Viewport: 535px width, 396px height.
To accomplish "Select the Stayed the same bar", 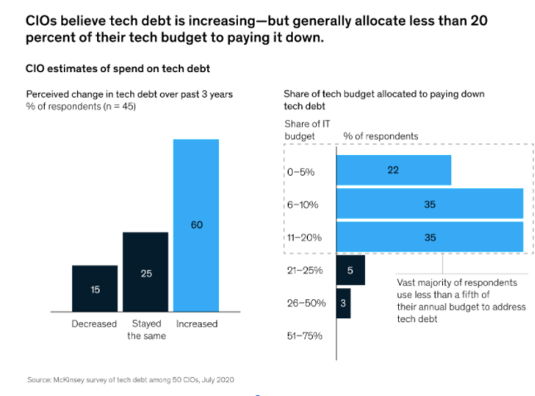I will click(x=146, y=273).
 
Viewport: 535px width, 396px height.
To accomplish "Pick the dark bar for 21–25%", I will click(x=350, y=270).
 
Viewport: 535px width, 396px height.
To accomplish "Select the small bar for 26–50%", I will click(x=343, y=302).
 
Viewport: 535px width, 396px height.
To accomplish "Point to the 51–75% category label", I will click(x=303, y=336).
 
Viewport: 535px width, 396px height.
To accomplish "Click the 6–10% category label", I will click(x=304, y=204).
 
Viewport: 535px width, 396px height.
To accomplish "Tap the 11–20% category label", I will click(x=304, y=237).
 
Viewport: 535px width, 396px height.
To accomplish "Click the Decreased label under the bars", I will click(x=94, y=324).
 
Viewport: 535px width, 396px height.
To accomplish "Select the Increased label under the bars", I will click(x=196, y=324).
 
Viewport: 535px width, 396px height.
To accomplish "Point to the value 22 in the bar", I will click(x=393, y=170).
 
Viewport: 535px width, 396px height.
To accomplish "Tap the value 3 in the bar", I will click(x=343, y=303).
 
